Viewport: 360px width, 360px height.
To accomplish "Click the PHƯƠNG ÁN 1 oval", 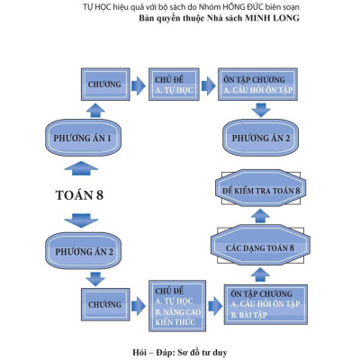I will point(82,139).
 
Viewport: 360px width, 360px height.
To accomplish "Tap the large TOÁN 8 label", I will point(82,194).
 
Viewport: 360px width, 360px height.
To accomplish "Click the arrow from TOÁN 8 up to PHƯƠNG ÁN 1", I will point(82,167).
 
